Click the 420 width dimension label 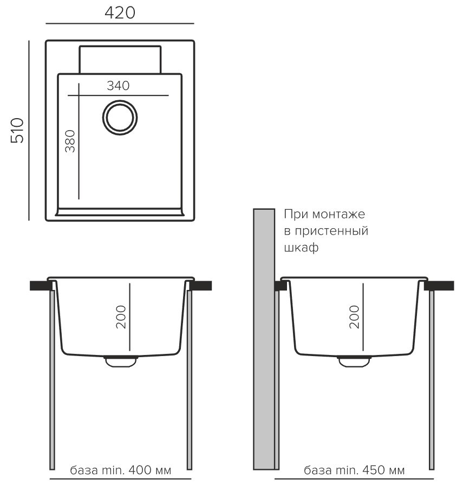click(120, 13)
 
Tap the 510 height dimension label click(17, 131)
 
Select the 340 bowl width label click(118, 86)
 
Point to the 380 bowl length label click(70, 141)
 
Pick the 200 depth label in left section click(121, 317)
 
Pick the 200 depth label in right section click(354, 317)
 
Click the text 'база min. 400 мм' click(120, 470)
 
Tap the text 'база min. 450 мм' click(354, 470)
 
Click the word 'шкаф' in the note click(301, 248)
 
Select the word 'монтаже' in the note click(338, 215)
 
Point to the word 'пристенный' click(331, 231)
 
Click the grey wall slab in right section click(264, 339)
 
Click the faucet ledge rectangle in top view click(120, 60)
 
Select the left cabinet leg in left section click(53, 379)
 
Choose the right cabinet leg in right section click(432, 379)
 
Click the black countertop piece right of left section click(200, 285)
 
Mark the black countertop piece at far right click(439, 285)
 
